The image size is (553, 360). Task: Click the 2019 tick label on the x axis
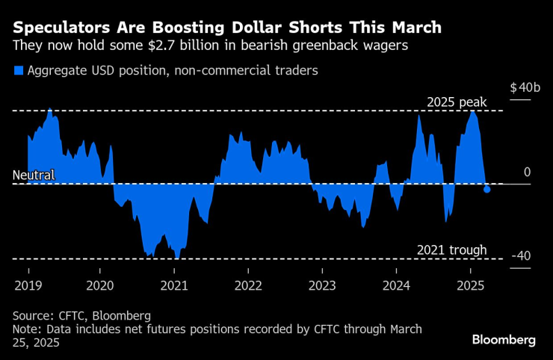pos(28,285)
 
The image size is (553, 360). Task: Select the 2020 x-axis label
pos(101,285)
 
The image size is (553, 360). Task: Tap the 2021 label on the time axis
pos(174,285)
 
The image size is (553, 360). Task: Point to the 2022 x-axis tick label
pos(248,285)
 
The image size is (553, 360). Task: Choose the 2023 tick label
pos(322,285)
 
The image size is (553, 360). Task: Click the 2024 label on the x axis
pos(396,285)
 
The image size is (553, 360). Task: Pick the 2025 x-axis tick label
pos(470,285)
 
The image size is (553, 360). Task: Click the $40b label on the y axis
pos(525,88)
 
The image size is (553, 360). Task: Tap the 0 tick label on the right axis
pos(527,172)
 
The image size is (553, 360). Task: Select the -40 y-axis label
pos(521,256)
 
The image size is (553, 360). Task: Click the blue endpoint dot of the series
pos(487,189)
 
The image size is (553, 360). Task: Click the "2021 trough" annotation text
pos(452,250)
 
